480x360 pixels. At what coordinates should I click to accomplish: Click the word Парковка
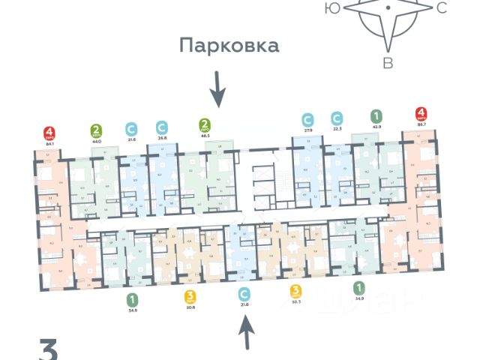229,46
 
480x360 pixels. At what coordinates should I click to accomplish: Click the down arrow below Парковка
217,88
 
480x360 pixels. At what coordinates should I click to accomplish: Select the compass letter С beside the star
442,8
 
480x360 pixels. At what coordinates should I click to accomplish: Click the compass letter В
388,63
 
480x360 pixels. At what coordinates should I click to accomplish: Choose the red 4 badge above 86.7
421,116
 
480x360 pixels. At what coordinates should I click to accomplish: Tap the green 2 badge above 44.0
96,130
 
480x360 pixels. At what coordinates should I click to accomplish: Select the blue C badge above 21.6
131,129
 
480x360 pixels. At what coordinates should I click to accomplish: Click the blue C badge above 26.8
161,127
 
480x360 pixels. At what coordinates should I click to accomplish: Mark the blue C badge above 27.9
307,118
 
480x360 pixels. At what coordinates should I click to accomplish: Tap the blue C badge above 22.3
337,118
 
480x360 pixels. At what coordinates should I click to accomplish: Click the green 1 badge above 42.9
375,117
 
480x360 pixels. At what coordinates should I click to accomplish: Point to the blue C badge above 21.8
242,294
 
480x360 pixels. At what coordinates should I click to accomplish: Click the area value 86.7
421,129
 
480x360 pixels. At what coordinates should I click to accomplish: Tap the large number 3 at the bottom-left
49,350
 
